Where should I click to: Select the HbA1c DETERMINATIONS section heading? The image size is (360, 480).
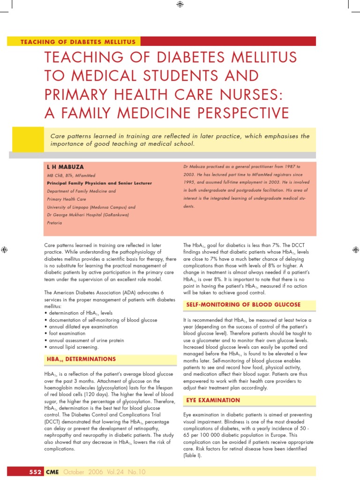(81, 359)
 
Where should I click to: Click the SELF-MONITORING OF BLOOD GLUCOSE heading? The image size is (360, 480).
(243, 305)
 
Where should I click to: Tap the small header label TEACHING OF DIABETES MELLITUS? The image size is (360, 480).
(78, 42)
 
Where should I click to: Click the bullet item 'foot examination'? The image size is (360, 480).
(65, 333)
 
